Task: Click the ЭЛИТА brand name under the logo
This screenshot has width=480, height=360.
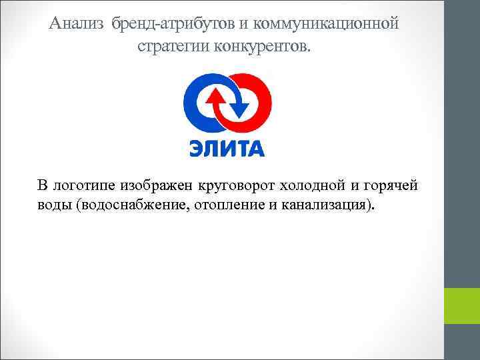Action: pyautogui.click(x=227, y=147)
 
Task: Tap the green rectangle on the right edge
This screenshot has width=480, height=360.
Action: pyautogui.click(x=462, y=306)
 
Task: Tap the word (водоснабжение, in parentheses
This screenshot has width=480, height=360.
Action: pyautogui.click(x=134, y=204)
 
